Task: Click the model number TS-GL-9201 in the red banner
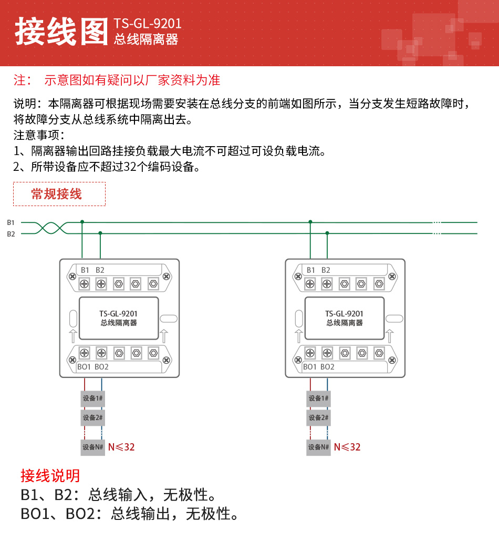(x=148, y=24)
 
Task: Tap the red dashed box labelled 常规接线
(x=59, y=194)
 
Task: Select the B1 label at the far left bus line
(x=11, y=222)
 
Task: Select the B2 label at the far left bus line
(x=11, y=234)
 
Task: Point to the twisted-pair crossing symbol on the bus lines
(x=51, y=228)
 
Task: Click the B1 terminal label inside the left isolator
(x=85, y=270)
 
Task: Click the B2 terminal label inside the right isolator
(x=326, y=270)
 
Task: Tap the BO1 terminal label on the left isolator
(x=84, y=366)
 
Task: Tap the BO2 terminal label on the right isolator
(x=327, y=366)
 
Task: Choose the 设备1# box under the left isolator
(x=92, y=398)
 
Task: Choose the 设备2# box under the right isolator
(x=318, y=418)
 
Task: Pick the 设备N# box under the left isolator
(x=92, y=447)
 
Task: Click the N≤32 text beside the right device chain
(x=347, y=447)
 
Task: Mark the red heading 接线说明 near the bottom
(x=50, y=476)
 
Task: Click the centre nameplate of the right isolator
(x=344, y=318)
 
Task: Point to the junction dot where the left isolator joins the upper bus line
(x=82, y=222)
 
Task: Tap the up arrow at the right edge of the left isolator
(x=164, y=335)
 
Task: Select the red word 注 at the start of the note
(x=19, y=80)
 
